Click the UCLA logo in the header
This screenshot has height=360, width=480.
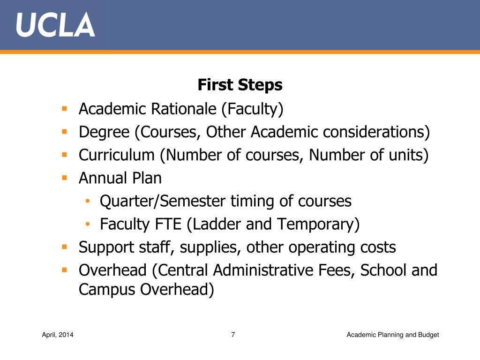(x=55, y=25)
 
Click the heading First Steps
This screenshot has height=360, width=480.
(x=240, y=85)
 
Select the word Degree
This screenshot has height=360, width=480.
(x=104, y=133)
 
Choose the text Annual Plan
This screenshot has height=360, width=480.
(x=120, y=178)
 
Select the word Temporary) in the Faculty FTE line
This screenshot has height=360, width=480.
(x=318, y=225)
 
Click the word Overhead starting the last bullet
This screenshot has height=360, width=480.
(x=112, y=270)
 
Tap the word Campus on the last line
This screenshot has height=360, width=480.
(x=107, y=290)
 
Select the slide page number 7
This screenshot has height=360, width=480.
(x=233, y=335)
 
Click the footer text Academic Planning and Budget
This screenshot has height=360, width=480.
(x=393, y=335)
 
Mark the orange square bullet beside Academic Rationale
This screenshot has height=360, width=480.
(x=65, y=109)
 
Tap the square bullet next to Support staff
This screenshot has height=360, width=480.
(x=65, y=247)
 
